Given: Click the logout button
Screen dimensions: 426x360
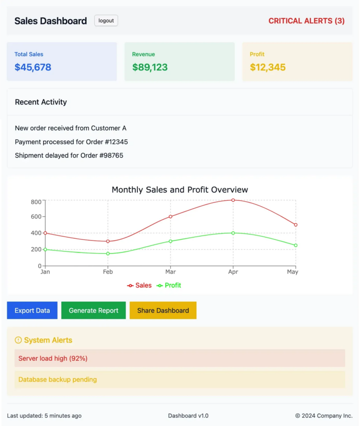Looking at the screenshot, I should click(x=106, y=21).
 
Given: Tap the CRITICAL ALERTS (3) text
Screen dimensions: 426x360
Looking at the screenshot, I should click(x=306, y=21).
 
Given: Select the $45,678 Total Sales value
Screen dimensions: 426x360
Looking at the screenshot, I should click(x=33, y=67).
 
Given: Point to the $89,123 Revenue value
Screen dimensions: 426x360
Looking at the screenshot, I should click(x=150, y=67).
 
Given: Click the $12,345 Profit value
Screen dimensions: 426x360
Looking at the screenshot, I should click(x=268, y=67).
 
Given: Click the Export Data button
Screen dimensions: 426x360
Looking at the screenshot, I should click(x=32, y=311).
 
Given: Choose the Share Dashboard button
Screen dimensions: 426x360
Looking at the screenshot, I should click(x=163, y=311).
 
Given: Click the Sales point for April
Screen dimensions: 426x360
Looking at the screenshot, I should click(x=233, y=200).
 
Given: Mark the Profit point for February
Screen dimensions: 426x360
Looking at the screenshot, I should click(x=108, y=254).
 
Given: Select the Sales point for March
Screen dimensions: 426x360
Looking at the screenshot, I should click(x=171, y=217).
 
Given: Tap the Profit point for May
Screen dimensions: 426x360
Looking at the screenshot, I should click(x=296, y=245).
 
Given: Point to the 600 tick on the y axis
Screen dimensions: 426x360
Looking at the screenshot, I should click(x=36, y=217).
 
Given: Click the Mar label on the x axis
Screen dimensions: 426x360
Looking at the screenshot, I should click(x=171, y=272).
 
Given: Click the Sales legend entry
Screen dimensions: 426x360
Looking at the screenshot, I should click(x=140, y=285).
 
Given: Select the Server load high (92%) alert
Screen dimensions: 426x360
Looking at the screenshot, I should click(x=53, y=358).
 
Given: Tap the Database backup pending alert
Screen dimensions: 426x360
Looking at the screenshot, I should click(x=58, y=380).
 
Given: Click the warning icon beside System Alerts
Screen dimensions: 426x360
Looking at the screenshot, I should click(x=18, y=340).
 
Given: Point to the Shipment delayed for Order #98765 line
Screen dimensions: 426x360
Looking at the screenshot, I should click(x=69, y=155).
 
